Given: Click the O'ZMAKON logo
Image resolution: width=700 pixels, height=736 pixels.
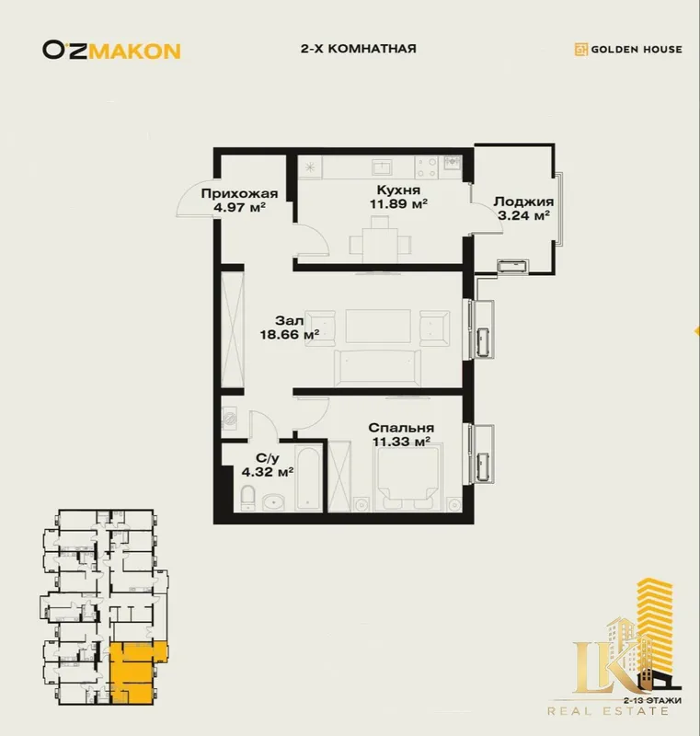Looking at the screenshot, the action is pos(111,51).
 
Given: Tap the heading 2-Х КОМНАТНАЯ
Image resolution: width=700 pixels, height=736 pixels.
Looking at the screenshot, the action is pos(359,49).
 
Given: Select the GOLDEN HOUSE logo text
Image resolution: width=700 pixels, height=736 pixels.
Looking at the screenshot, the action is pos(637,50).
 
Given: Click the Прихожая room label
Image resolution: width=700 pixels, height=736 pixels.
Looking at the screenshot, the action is pos(239,193).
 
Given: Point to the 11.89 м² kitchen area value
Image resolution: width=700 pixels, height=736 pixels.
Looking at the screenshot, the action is pos(398,203).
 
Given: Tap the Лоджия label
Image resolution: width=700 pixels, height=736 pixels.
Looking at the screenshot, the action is pos(523,201).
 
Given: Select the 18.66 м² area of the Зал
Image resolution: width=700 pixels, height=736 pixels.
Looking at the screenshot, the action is pos(290,335).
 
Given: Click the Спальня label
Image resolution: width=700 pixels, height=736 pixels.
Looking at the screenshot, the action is pos(401,428).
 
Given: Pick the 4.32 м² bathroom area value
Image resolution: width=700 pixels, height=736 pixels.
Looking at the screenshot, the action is pos(268,472).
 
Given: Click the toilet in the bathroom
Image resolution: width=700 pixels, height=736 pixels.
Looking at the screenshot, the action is pos(247,498).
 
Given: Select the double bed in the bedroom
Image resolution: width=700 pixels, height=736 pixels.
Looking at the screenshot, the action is pos(407,477).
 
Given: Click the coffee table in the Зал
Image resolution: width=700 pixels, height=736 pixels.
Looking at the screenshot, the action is pos(378,327).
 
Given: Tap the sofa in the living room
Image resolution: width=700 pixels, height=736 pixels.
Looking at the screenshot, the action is pos(377,368).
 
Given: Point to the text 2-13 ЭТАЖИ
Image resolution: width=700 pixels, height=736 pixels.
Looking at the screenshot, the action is pos(653,701).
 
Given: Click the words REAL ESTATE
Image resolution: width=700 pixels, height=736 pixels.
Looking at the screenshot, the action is pos(608,711).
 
